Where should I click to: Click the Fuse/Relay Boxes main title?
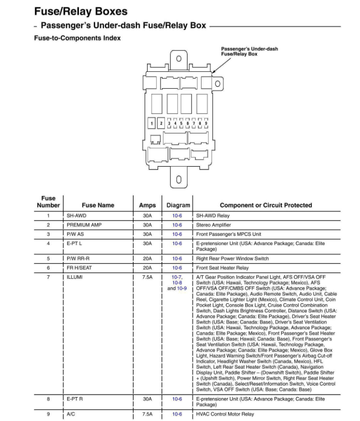coord(81,11)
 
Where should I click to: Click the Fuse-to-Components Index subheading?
coord(77,38)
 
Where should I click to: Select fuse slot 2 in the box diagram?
coord(162,123)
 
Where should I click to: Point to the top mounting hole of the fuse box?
coord(179,59)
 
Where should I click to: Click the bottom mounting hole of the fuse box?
coord(179,180)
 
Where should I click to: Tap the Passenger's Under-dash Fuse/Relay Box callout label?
coord(249,51)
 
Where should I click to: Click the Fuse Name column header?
coord(98,205)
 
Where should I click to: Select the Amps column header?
coord(147,205)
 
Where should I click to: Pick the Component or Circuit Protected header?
coord(266,205)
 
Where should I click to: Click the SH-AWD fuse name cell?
coord(76,216)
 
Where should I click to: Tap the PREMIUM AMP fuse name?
coord(84,225)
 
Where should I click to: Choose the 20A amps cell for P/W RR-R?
coord(147,259)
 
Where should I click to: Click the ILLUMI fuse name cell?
coord(75,276)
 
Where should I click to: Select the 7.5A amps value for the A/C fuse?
coord(147,414)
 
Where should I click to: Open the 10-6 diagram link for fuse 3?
coord(177,234)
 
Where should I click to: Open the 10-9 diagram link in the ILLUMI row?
coord(182,288)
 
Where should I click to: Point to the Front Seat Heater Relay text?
coord(222,268)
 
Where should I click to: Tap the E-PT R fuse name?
coord(75,399)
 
